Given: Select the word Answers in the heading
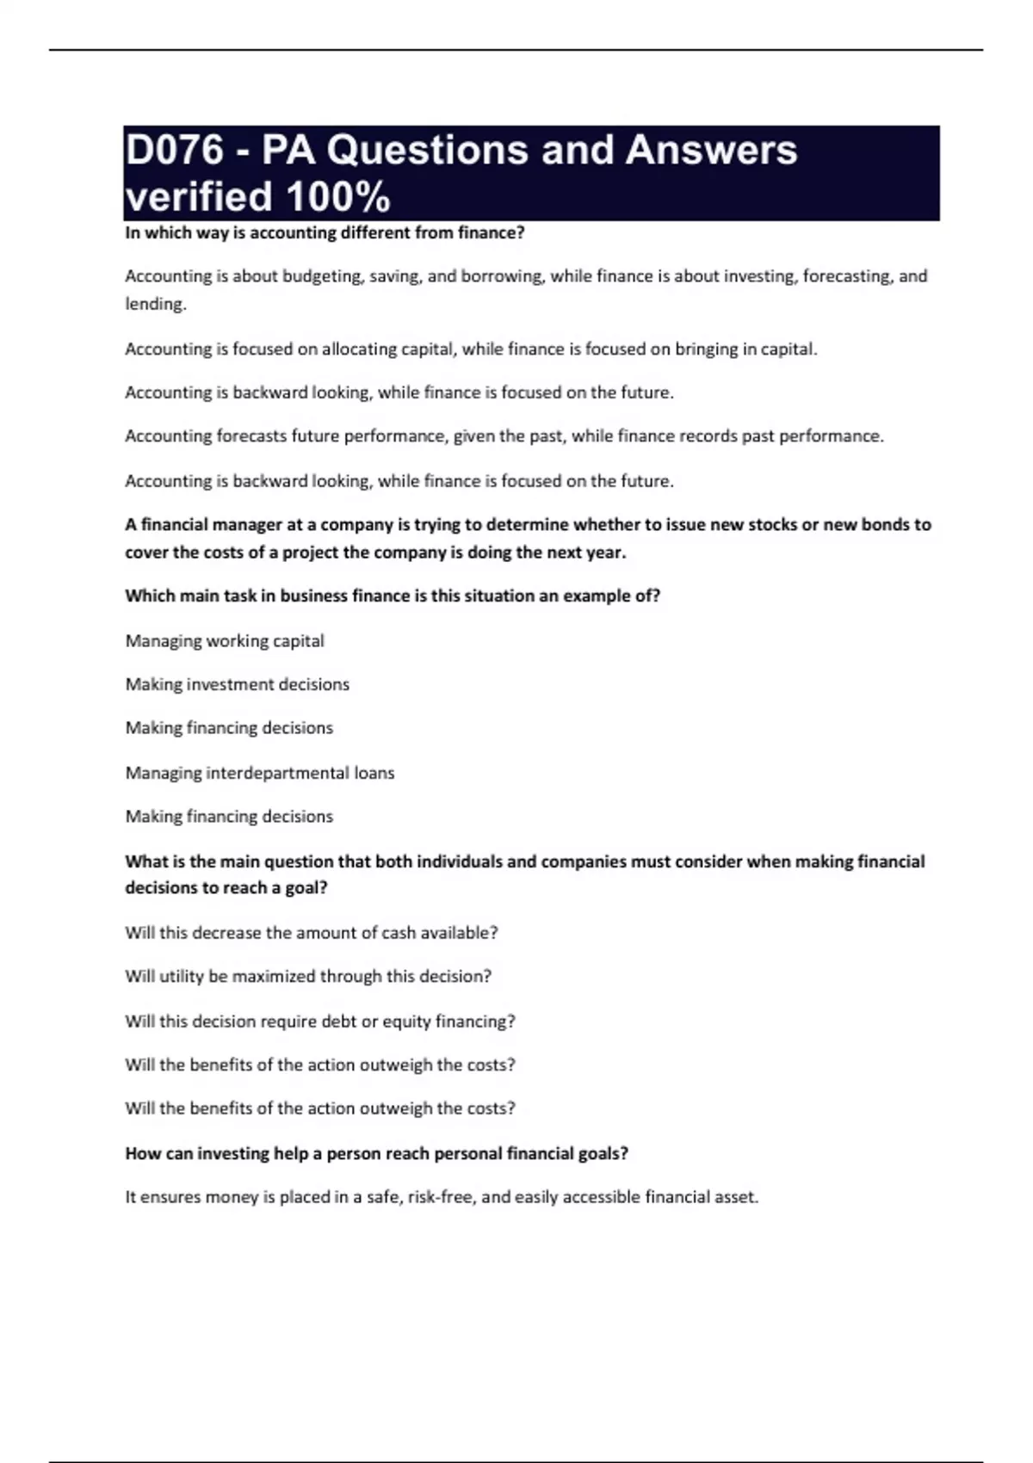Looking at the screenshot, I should click(x=711, y=151).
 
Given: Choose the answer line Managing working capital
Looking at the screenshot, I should click(x=225, y=641).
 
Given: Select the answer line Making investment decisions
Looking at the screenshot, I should click(x=238, y=685).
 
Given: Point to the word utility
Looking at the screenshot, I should click(x=182, y=977).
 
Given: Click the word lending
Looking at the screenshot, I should click(x=155, y=305).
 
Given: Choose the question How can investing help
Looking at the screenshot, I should click(x=376, y=1153).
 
